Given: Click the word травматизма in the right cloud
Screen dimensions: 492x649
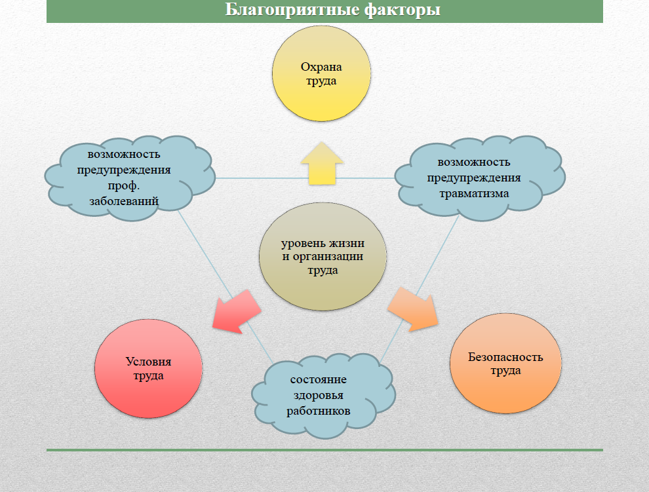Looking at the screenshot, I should tap(473, 193).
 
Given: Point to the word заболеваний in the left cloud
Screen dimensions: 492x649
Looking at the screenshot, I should tap(124, 201).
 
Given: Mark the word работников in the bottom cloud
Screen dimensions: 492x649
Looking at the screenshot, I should tap(319, 411).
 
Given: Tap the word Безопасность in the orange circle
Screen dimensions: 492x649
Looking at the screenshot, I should tap(505, 357).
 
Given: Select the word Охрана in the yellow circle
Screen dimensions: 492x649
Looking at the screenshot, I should tap(321, 67).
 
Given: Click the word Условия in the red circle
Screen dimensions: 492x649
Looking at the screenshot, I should tap(144, 362).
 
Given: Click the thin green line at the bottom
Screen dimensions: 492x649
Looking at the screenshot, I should tap(324, 450).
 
